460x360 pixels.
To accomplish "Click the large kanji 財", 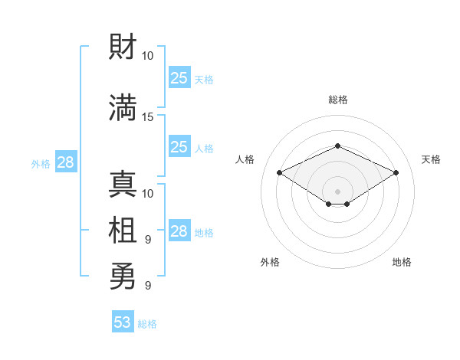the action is tap(123, 46).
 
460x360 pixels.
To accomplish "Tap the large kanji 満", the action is tap(123, 107).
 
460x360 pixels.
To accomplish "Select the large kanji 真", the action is tap(123, 184).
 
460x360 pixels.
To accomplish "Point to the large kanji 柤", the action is tap(123, 230).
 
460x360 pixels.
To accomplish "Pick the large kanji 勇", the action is tap(123, 276).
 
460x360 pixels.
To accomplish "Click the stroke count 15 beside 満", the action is tap(147, 117).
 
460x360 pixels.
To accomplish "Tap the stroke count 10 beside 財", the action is tap(147, 56).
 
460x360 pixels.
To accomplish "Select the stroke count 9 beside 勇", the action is tap(148, 285).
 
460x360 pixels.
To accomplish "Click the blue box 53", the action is tap(123, 321).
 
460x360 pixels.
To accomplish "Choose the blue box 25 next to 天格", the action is tap(179, 77).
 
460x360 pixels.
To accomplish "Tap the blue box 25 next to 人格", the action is tap(179, 146).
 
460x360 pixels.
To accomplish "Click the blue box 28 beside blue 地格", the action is tap(179, 230).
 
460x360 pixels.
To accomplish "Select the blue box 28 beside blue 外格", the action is tap(66, 162).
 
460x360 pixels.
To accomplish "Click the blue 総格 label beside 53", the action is tap(147, 324).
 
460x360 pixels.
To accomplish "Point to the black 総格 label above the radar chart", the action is tap(338, 100).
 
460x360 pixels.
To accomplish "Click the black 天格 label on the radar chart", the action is tap(431, 159).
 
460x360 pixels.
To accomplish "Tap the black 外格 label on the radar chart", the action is tap(270, 262).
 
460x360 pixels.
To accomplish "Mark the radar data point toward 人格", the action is tap(280, 172).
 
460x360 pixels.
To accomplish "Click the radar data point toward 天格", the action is tap(396, 172).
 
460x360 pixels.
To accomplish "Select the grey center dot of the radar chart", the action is tap(337, 191).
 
